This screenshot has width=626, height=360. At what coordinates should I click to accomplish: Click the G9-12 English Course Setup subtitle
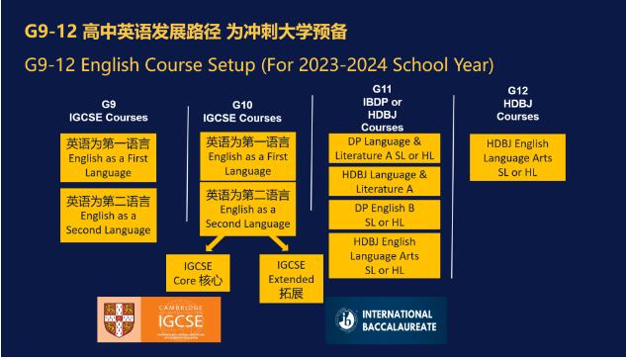[x=259, y=65]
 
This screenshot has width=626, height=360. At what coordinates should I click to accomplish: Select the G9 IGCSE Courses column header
[x=108, y=111]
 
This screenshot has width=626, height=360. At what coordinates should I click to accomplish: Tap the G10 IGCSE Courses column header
[x=241, y=112]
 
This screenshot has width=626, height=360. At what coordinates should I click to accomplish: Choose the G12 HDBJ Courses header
[x=517, y=104]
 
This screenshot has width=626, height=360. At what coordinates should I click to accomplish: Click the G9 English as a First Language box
[x=108, y=156]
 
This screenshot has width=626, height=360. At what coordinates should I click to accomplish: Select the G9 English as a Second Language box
[x=108, y=215]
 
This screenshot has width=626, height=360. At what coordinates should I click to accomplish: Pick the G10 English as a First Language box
[x=246, y=156]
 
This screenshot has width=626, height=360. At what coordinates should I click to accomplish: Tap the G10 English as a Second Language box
[x=246, y=210]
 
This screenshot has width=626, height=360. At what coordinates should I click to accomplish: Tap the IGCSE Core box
[x=197, y=273]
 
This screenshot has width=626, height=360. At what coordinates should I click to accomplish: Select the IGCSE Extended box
[x=290, y=278]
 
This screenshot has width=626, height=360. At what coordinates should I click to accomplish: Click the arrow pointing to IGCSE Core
[x=217, y=245]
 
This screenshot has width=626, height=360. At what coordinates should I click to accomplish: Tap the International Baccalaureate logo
[x=386, y=319]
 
